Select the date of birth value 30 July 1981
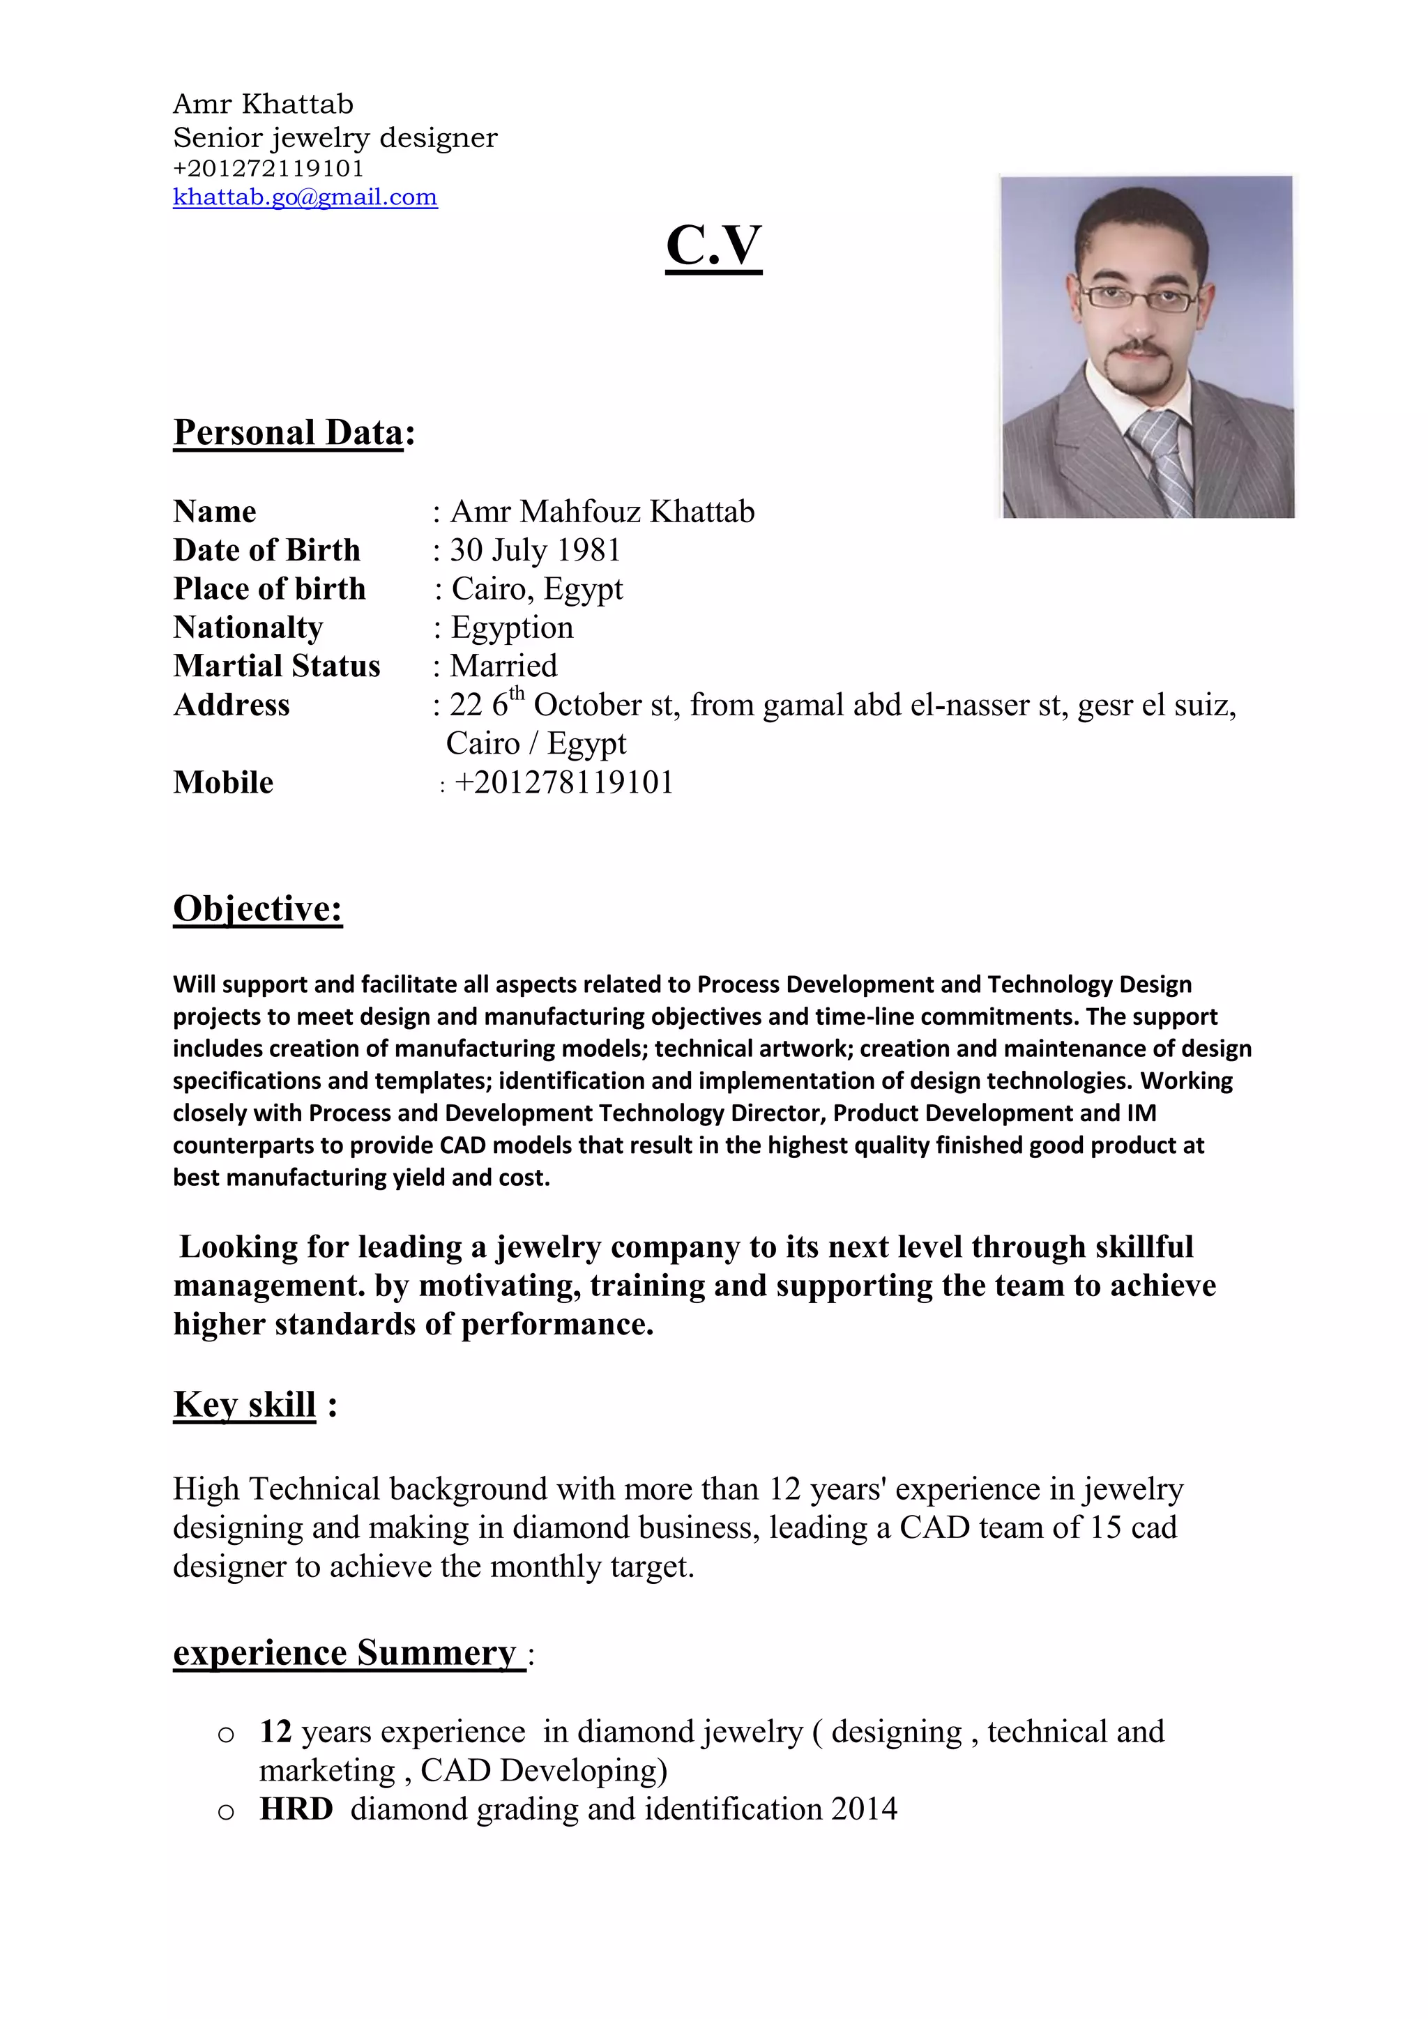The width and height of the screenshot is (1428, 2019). click(x=535, y=551)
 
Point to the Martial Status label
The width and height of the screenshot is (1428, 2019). click(x=276, y=666)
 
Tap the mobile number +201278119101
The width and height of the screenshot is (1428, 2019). click(x=563, y=783)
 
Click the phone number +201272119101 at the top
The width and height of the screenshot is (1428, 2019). click(x=268, y=168)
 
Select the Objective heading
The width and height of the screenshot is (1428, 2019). click(x=257, y=908)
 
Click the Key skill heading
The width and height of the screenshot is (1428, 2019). click(x=245, y=1404)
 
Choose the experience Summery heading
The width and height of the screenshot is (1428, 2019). click(x=344, y=1652)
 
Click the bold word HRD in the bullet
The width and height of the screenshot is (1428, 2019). click(x=296, y=1809)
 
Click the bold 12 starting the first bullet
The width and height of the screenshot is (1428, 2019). click(x=275, y=1732)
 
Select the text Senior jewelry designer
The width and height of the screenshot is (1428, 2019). click(x=335, y=138)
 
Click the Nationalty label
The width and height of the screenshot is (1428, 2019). click(x=248, y=628)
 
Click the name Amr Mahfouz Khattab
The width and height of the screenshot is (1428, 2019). click(x=602, y=512)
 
